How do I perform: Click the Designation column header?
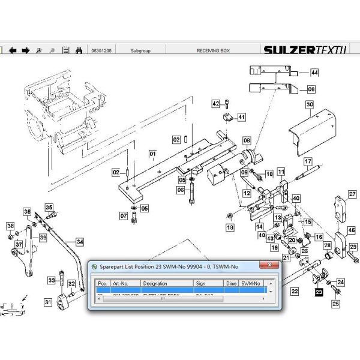pyautogui.click(x=155, y=283)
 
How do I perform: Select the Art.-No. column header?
pyautogui.click(x=121, y=283)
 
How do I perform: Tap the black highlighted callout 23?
pyautogui.click(x=319, y=292)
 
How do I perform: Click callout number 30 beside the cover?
pyautogui.click(x=310, y=104)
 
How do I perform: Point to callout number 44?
pyautogui.click(x=314, y=73)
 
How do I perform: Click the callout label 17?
pyautogui.click(x=308, y=161)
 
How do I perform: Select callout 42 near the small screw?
pyautogui.click(x=215, y=104)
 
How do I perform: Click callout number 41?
pyautogui.click(x=241, y=116)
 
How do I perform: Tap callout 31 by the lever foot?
pyautogui.click(x=48, y=303)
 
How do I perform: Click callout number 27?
pyautogui.click(x=353, y=193)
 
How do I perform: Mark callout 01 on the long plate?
pyautogui.click(x=152, y=154)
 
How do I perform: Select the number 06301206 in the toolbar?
pyautogui.click(x=100, y=50)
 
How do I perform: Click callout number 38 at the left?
pyautogui.click(x=10, y=226)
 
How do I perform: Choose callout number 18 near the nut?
pyautogui.click(x=229, y=227)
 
